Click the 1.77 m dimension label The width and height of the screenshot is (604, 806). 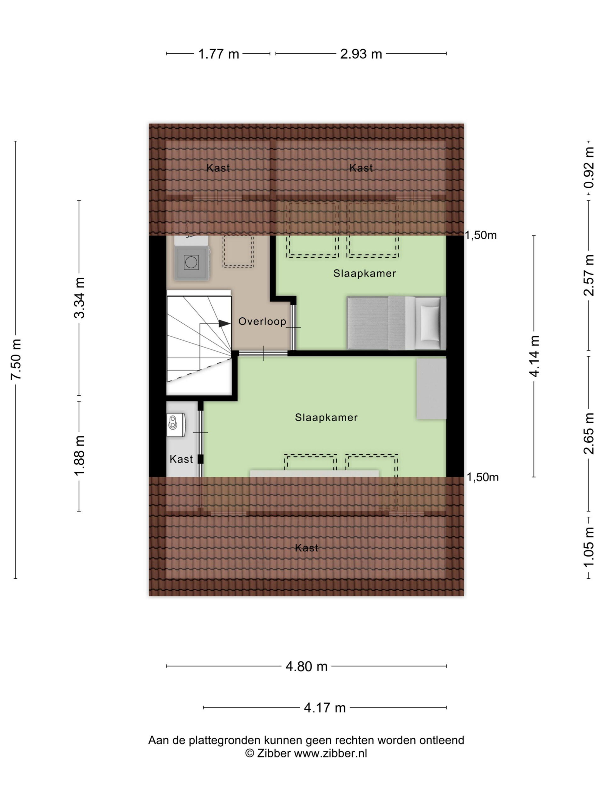pyautogui.click(x=218, y=54)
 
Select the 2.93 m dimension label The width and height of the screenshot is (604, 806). pyautogui.click(x=361, y=54)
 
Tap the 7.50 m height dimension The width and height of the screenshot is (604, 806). pyautogui.click(x=16, y=359)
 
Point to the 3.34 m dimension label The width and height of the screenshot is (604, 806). pyautogui.click(x=79, y=298)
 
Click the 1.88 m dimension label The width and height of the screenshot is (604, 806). pyautogui.click(x=79, y=456)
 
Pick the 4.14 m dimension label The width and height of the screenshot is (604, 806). pyautogui.click(x=534, y=356)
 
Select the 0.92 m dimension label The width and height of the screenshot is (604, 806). pyautogui.click(x=589, y=167)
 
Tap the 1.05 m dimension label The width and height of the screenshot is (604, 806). pyautogui.click(x=589, y=547)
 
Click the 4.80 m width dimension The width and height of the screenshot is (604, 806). pyautogui.click(x=306, y=667)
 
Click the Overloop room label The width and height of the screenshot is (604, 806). pyautogui.click(x=262, y=321)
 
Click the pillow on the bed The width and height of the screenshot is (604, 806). pyautogui.click(x=430, y=323)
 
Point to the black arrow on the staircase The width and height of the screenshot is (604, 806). pyautogui.click(x=224, y=323)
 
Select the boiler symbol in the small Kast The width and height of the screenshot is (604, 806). pyautogui.click(x=176, y=424)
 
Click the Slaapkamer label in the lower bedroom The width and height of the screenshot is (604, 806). pyautogui.click(x=326, y=417)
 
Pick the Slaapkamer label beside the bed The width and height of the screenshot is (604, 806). pyautogui.click(x=364, y=273)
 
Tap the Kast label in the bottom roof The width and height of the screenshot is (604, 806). pyautogui.click(x=306, y=548)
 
